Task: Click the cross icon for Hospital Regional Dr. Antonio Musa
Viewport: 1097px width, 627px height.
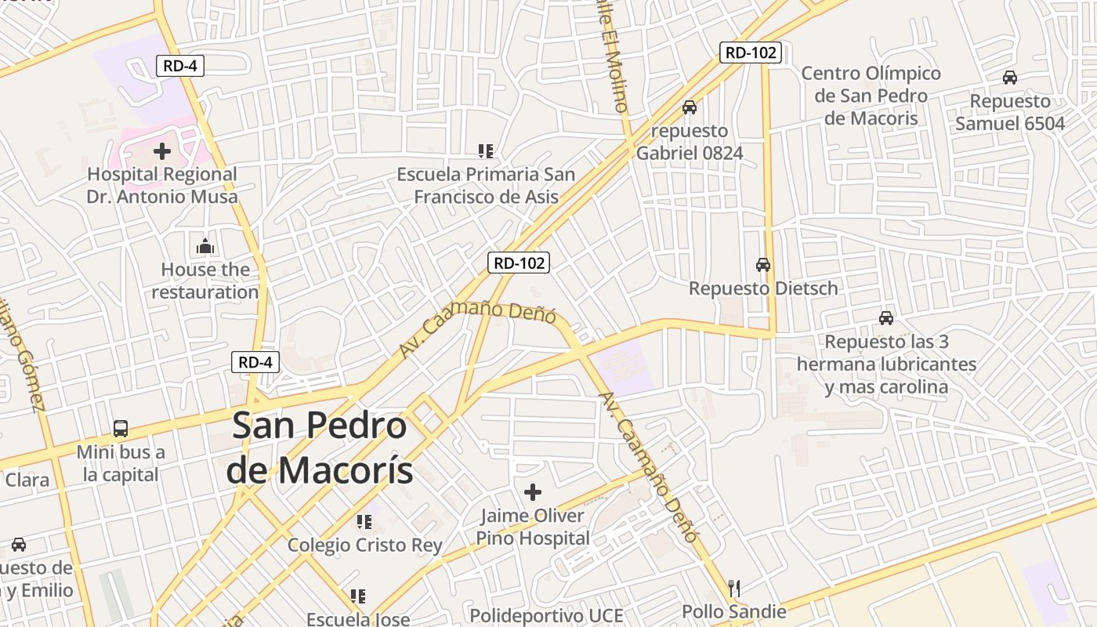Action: click(x=162, y=150)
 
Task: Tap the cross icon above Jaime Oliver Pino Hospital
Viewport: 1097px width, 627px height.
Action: click(x=533, y=492)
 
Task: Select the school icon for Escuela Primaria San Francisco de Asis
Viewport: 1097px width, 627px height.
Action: click(x=486, y=150)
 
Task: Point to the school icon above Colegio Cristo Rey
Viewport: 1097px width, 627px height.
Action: click(x=364, y=521)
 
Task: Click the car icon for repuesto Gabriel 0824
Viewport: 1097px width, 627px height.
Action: click(x=689, y=107)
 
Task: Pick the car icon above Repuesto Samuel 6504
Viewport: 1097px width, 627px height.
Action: click(x=1010, y=78)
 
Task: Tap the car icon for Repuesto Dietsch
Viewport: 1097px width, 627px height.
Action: click(x=763, y=265)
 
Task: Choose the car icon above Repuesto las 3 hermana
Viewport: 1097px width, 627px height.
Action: click(x=886, y=318)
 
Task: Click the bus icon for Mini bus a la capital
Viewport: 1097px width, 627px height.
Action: click(x=121, y=429)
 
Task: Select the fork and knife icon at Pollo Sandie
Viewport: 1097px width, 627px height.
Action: click(x=734, y=588)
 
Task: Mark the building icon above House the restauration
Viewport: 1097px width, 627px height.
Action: click(x=205, y=246)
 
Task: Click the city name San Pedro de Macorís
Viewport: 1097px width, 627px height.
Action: click(x=320, y=448)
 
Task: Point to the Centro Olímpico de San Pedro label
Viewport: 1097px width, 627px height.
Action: click(x=871, y=96)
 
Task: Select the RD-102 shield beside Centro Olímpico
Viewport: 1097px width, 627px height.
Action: click(x=751, y=53)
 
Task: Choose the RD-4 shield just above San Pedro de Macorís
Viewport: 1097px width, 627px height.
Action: click(x=255, y=362)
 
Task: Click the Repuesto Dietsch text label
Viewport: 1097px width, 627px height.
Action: click(x=763, y=288)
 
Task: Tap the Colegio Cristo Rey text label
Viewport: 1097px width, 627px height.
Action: click(x=364, y=545)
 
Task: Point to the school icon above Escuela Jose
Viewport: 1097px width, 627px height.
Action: click(x=358, y=596)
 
